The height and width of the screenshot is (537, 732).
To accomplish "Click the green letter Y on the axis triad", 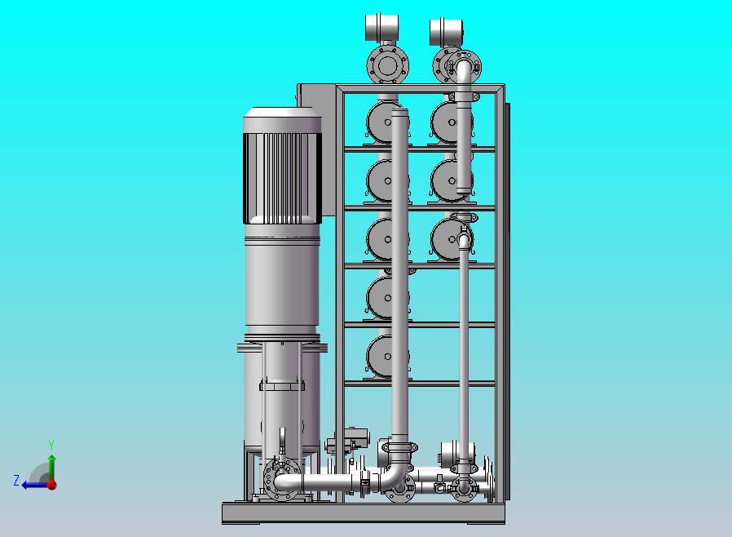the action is click(51, 445).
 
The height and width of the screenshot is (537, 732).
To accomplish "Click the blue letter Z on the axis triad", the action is click(16, 481).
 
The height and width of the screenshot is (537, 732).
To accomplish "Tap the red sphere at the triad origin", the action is click(52, 485).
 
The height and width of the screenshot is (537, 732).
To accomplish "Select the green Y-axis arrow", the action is click(52, 468).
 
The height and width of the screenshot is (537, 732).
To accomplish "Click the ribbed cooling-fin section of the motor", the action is click(282, 178).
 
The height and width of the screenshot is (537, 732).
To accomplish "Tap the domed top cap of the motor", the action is click(282, 113).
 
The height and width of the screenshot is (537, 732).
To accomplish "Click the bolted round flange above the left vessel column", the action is click(387, 65).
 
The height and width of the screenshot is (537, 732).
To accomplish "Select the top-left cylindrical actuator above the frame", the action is click(381, 27).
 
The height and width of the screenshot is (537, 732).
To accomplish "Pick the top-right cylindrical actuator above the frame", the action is click(447, 32).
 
